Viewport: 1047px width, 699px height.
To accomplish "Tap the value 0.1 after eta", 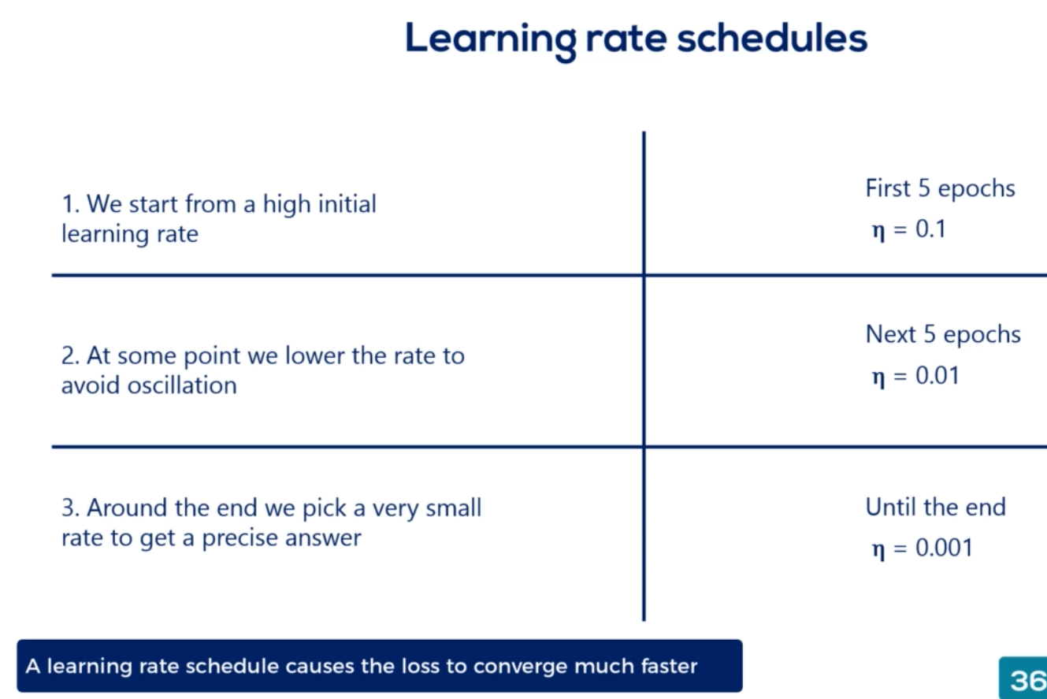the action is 930,229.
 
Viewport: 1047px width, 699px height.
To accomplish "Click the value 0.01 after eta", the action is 937,375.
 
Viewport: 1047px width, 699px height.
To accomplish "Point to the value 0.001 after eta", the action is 944,548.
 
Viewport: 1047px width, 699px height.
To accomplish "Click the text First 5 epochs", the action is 940,189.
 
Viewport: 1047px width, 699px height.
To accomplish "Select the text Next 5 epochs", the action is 943,335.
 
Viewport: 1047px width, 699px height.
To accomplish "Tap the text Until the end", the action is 936,507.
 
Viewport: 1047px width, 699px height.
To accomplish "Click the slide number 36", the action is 1028,680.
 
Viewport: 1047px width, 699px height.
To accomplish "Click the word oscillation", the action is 182,385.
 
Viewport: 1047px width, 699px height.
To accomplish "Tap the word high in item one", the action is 286,204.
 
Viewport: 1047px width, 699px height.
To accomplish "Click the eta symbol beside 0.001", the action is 878,549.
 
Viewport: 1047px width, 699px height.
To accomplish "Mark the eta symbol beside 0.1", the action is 878,231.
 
